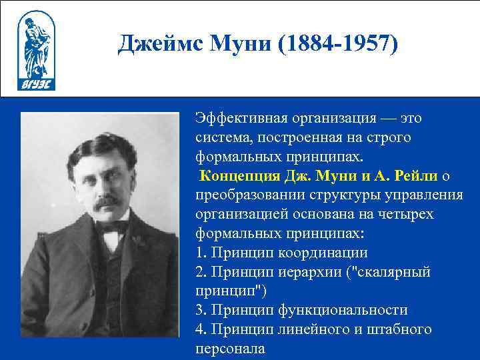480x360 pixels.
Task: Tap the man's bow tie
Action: point(112,227)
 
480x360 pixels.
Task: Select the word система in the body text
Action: point(219,137)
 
